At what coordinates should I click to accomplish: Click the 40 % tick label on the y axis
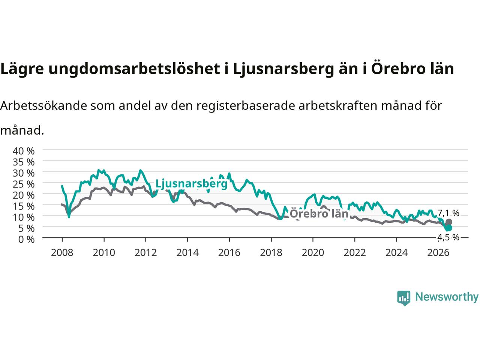point(23,151)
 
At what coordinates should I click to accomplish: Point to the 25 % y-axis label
point(23,184)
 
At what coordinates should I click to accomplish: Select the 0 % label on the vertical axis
point(27,239)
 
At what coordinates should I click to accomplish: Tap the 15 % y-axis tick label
point(23,206)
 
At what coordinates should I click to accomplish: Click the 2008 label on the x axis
point(62,253)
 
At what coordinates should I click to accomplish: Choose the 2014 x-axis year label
point(187,253)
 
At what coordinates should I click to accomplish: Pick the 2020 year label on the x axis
point(313,253)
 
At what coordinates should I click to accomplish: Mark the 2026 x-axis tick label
point(438,253)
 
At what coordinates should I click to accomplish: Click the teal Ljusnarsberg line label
point(191,184)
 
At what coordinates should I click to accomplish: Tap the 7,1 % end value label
point(448,213)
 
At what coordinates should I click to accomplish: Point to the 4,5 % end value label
point(448,237)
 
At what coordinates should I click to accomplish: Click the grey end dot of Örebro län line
point(449,222)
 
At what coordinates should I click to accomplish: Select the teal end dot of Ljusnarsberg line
point(449,228)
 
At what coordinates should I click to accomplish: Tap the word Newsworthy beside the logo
point(447,297)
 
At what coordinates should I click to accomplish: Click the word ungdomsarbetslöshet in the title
point(134,69)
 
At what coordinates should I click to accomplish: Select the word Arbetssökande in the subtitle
point(43,106)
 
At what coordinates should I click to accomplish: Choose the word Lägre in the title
point(22,69)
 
